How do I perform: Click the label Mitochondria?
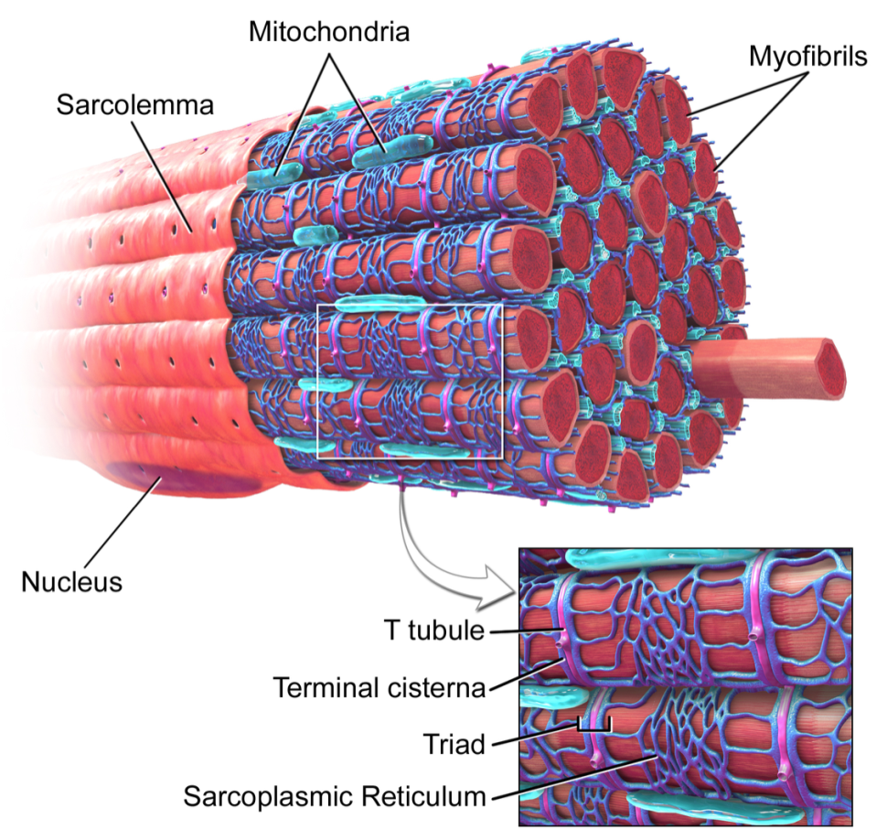pyautogui.click(x=328, y=32)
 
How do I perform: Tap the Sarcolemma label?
pyautogui.click(x=135, y=105)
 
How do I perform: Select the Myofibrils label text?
pyautogui.click(x=807, y=57)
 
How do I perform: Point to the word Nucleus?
pyautogui.click(x=72, y=582)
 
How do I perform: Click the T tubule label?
pyautogui.click(x=434, y=630)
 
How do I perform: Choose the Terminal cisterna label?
pyautogui.click(x=379, y=688)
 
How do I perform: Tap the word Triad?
pyautogui.click(x=454, y=744)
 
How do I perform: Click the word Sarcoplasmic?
pyautogui.click(x=270, y=796)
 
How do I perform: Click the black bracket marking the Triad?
pyautogui.click(x=594, y=727)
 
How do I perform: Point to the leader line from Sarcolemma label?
pyautogui.click(x=163, y=176)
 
